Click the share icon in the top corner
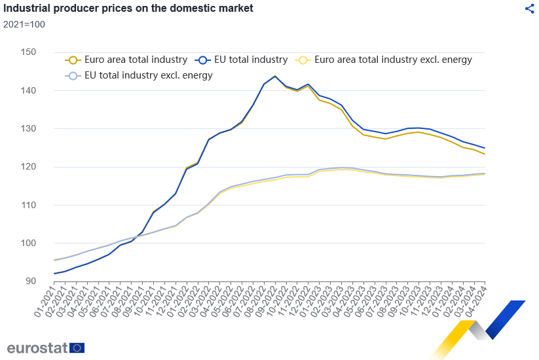[x=530, y=9]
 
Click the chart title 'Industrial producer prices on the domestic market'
[x=128, y=9]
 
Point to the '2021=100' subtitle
[x=24, y=25]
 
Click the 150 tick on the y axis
[x=28, y=52]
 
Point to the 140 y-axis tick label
[x=28, y=90]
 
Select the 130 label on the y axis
[x=28, y=129]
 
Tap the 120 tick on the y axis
[x=28, y=167]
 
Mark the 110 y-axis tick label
[x=28, y=205]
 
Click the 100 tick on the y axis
[x=28, y=243]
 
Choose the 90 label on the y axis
[x=31, y=281]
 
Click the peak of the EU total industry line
[x=274, y=76]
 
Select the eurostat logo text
[x=37, y=348]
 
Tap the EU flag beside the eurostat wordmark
[x=77, y=348]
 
